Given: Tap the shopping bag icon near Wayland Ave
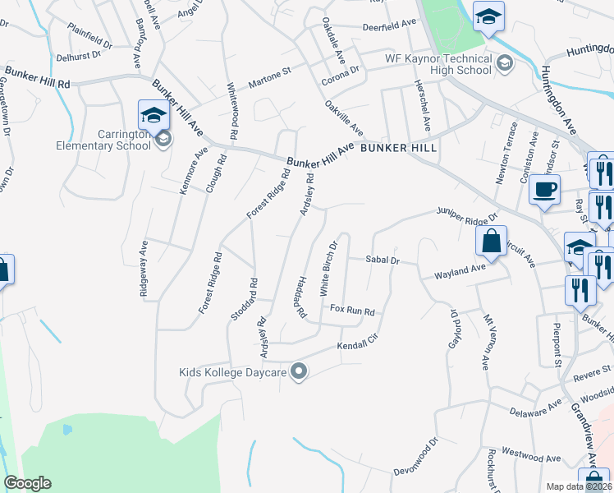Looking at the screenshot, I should (490, 241).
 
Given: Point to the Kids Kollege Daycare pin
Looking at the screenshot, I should (299, 372).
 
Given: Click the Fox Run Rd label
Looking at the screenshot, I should (352, 311).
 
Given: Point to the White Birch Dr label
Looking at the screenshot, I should (328, 269).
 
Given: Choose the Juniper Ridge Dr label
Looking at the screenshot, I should (468, 213).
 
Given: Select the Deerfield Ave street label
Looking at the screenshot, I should (391, 26).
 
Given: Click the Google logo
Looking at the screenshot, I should (27, 483).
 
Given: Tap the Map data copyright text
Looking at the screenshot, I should (580, 486).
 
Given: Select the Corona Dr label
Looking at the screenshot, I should (341, 76).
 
